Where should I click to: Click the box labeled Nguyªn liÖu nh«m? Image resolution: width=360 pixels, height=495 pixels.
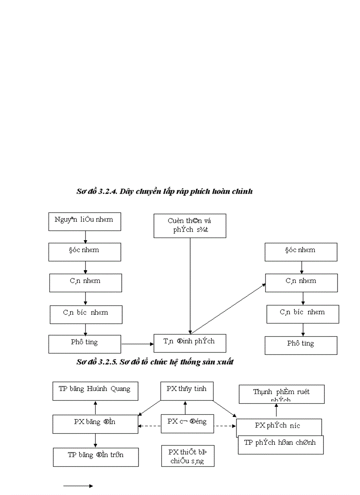pyautogui.click(x=85, y=221)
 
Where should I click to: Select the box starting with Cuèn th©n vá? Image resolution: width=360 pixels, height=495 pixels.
pyautogui.click(x=190, y=226)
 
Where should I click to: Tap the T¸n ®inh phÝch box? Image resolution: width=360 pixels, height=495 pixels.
pyautogui.click(x=190, y=343)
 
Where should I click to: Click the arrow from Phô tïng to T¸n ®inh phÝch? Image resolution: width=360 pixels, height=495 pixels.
pyautogui.click(x=137, y=343)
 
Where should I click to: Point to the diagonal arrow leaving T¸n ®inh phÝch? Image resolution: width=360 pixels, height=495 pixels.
pyautogui.click(x=228, y=309)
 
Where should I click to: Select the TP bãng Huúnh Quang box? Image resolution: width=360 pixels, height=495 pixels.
pyautogui.click(x=95, y=391)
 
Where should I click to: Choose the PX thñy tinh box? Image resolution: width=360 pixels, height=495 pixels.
pyautogui.click(x=187, y=391)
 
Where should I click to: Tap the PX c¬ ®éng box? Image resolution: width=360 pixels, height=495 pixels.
pyautogui.click(x=187, y=424)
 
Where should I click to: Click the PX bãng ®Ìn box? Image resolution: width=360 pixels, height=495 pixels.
pyautogui.click(x=95, y=424)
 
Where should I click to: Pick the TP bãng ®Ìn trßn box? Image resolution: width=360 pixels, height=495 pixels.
pyautogui.click(x=96, y=457)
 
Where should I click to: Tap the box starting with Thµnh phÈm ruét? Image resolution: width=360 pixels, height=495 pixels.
pyautogui.click(x=281, y=394)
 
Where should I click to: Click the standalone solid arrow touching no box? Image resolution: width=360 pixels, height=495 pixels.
pyautogui.click(x=78, y=486)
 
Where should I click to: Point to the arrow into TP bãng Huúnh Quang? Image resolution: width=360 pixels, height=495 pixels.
pyautogui.click(x=95, y=407)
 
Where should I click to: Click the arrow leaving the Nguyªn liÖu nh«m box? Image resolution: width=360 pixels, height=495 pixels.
pyautogui.click(x=86, y=237)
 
